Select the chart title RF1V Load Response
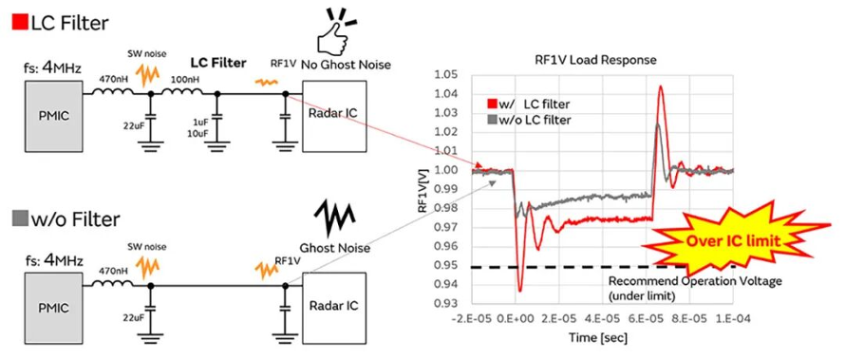pos(602,60)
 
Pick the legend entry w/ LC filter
pos(528,104)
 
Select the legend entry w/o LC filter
pos(529,120)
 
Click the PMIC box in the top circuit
pos(53,116)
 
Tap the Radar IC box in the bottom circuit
pos(334,306)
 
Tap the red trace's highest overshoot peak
pos(660,86)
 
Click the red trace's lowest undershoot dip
pos(520,291)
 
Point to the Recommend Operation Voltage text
pos(694,281)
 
